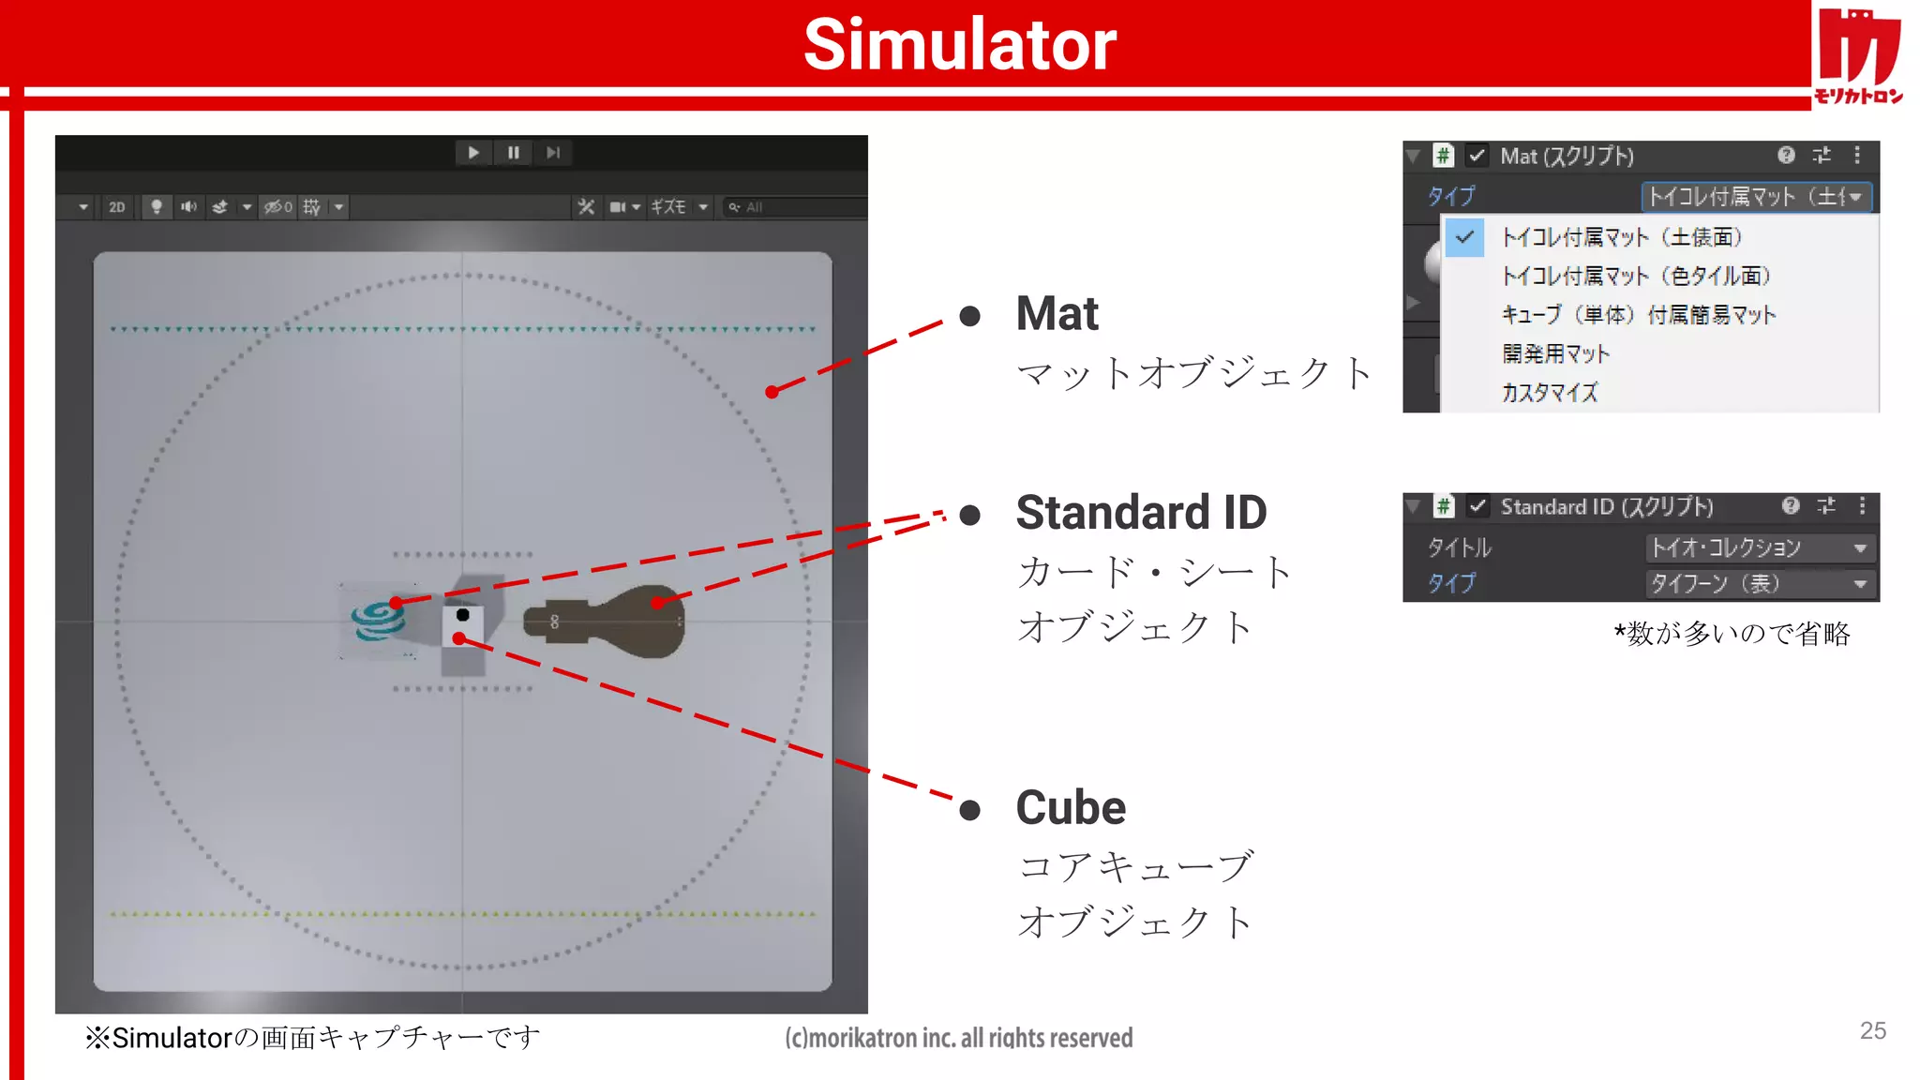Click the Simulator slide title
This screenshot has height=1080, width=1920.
pyautogui.click(x=960, y=45)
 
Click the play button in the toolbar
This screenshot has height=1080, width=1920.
pyautogui.click(x=473, y=153)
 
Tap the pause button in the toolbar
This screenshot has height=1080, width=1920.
pyautogui.click(x=514, y=153)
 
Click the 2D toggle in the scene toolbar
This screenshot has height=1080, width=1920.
pyautogui.click(x=116, y=207)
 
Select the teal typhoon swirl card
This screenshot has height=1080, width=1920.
pyautogui.click(x=378, y=621)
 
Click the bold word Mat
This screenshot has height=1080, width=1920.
pyautogui.click(x=1057, y=314)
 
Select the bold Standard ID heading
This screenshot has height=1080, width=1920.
pyautogui.click(x=1141, y=513)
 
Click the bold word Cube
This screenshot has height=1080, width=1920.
pyautogui.click(x=1071, y=808)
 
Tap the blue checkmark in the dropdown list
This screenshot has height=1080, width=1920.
pyautogui.click(x=1464, y=237)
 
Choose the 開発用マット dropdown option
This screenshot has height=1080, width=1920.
pyautogui.click(x=1555, y=353)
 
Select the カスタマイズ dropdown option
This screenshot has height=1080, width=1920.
pyautogui.click(x=1550, y=392)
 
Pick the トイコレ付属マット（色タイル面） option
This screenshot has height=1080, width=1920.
pyautogui.click(x=1636, y=276)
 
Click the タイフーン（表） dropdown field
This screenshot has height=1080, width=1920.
pyautogui.click(x=1761, y=584)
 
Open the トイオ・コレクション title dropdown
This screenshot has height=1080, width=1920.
pyautogui.click(x=1761, y=547)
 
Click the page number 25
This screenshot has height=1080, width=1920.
pyautogui.click(x=1872, y=1031)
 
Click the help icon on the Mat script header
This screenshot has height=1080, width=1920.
pyautogui.click(x=1786, y=155)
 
